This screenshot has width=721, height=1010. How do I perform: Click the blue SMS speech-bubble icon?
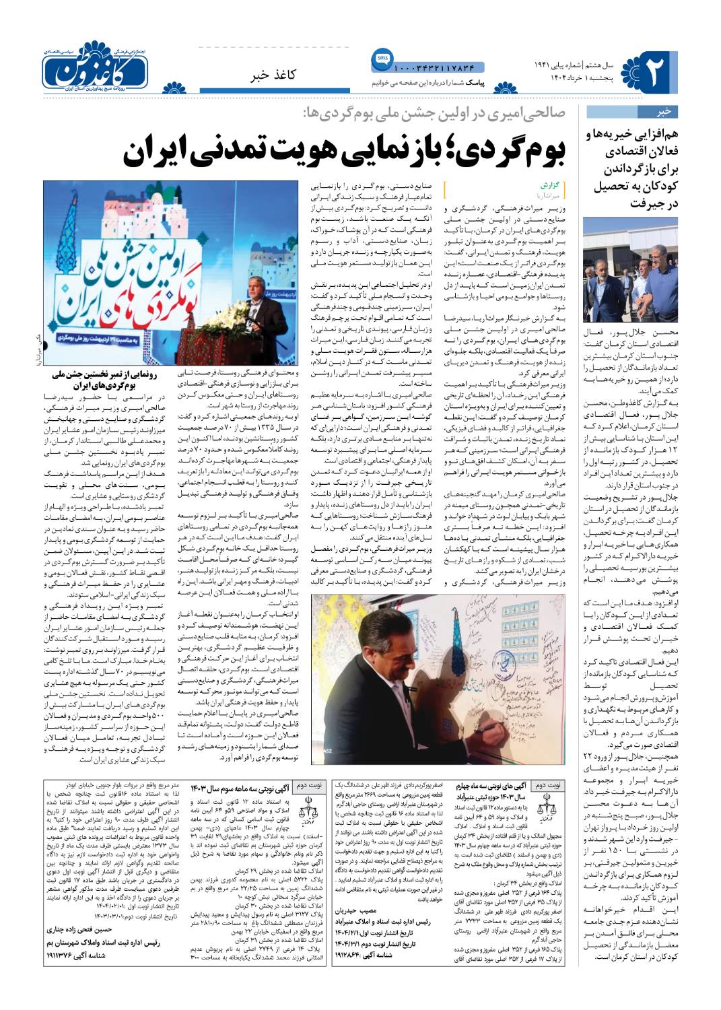(382, 59)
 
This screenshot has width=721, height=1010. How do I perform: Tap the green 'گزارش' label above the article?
(549, 184)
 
